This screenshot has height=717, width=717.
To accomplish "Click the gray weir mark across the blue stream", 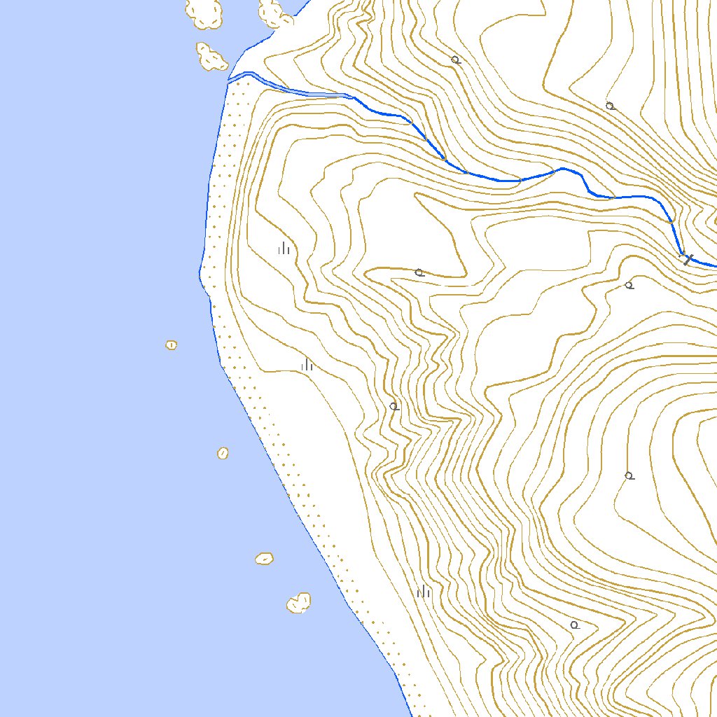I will point(688,258).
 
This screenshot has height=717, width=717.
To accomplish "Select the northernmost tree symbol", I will point(456,60).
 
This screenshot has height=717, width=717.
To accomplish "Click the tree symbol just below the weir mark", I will point(629,285).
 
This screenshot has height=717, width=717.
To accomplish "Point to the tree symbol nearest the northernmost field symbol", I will point(419,272).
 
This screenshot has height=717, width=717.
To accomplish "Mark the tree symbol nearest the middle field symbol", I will point(394,406).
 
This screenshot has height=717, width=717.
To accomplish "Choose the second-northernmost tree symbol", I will point(610,106).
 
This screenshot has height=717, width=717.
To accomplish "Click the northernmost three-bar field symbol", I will point(284,249).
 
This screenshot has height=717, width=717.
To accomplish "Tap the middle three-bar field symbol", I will point(307,365).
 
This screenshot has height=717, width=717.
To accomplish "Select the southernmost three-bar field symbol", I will point(424,592).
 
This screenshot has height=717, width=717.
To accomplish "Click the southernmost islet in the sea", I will point(299,602).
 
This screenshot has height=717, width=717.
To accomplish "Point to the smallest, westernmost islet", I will point(171,344).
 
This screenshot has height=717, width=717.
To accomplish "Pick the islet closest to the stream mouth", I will point(211,56).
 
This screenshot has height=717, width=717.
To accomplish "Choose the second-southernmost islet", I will point(264,558).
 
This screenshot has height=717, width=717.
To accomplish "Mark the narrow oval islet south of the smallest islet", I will point(223,453).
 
